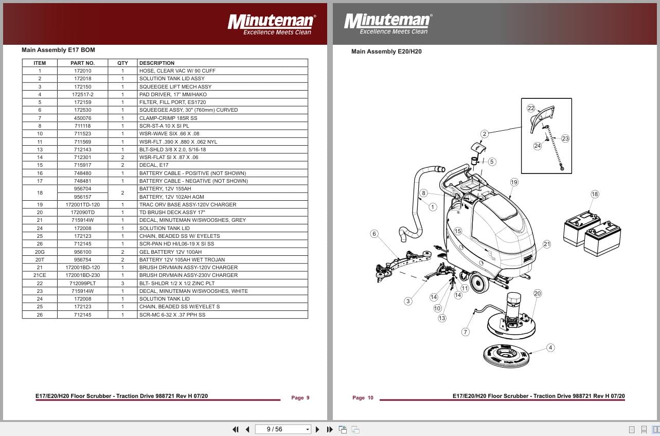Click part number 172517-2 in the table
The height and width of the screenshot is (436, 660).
(x=83, y=95)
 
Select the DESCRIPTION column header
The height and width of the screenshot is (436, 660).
(x=157, y=63)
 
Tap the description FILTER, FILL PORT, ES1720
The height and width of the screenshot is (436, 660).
(x=172, y=102)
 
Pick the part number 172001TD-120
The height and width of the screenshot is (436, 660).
(x=83, y=204)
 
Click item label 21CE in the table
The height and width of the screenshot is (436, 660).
(x=40, y=275)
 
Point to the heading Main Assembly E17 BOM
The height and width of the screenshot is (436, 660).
(x=58, y=50)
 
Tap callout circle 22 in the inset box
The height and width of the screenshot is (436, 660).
(x=531, y=108)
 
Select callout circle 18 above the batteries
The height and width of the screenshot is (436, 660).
(x=595, y=194)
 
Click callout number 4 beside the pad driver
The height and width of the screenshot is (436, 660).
(x=550, y=347)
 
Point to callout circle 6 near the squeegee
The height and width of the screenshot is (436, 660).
(x=374, y=234)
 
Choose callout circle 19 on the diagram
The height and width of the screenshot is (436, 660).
(x=514, y=182)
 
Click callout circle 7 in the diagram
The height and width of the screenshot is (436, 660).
(x=466, y=332)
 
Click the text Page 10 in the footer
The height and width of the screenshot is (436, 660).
(x=363, y=397)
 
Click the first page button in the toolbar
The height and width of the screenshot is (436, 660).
(x=236, y=429)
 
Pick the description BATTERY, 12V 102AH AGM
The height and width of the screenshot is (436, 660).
(x=171, y=197)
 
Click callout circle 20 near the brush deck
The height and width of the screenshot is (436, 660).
(x=538, y=293)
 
